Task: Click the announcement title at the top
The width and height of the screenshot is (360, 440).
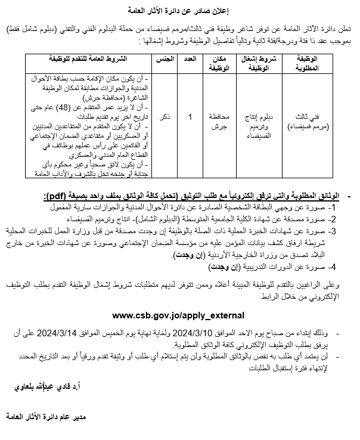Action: [x=179, y=10]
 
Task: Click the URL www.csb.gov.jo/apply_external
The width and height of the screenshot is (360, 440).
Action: [x=178, y=314]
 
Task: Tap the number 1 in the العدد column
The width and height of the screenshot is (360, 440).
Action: [x=190, y=118]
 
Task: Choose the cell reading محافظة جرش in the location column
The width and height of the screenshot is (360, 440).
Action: [x=219, y=118]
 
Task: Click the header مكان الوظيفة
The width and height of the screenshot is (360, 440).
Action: [x=219, y=64]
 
